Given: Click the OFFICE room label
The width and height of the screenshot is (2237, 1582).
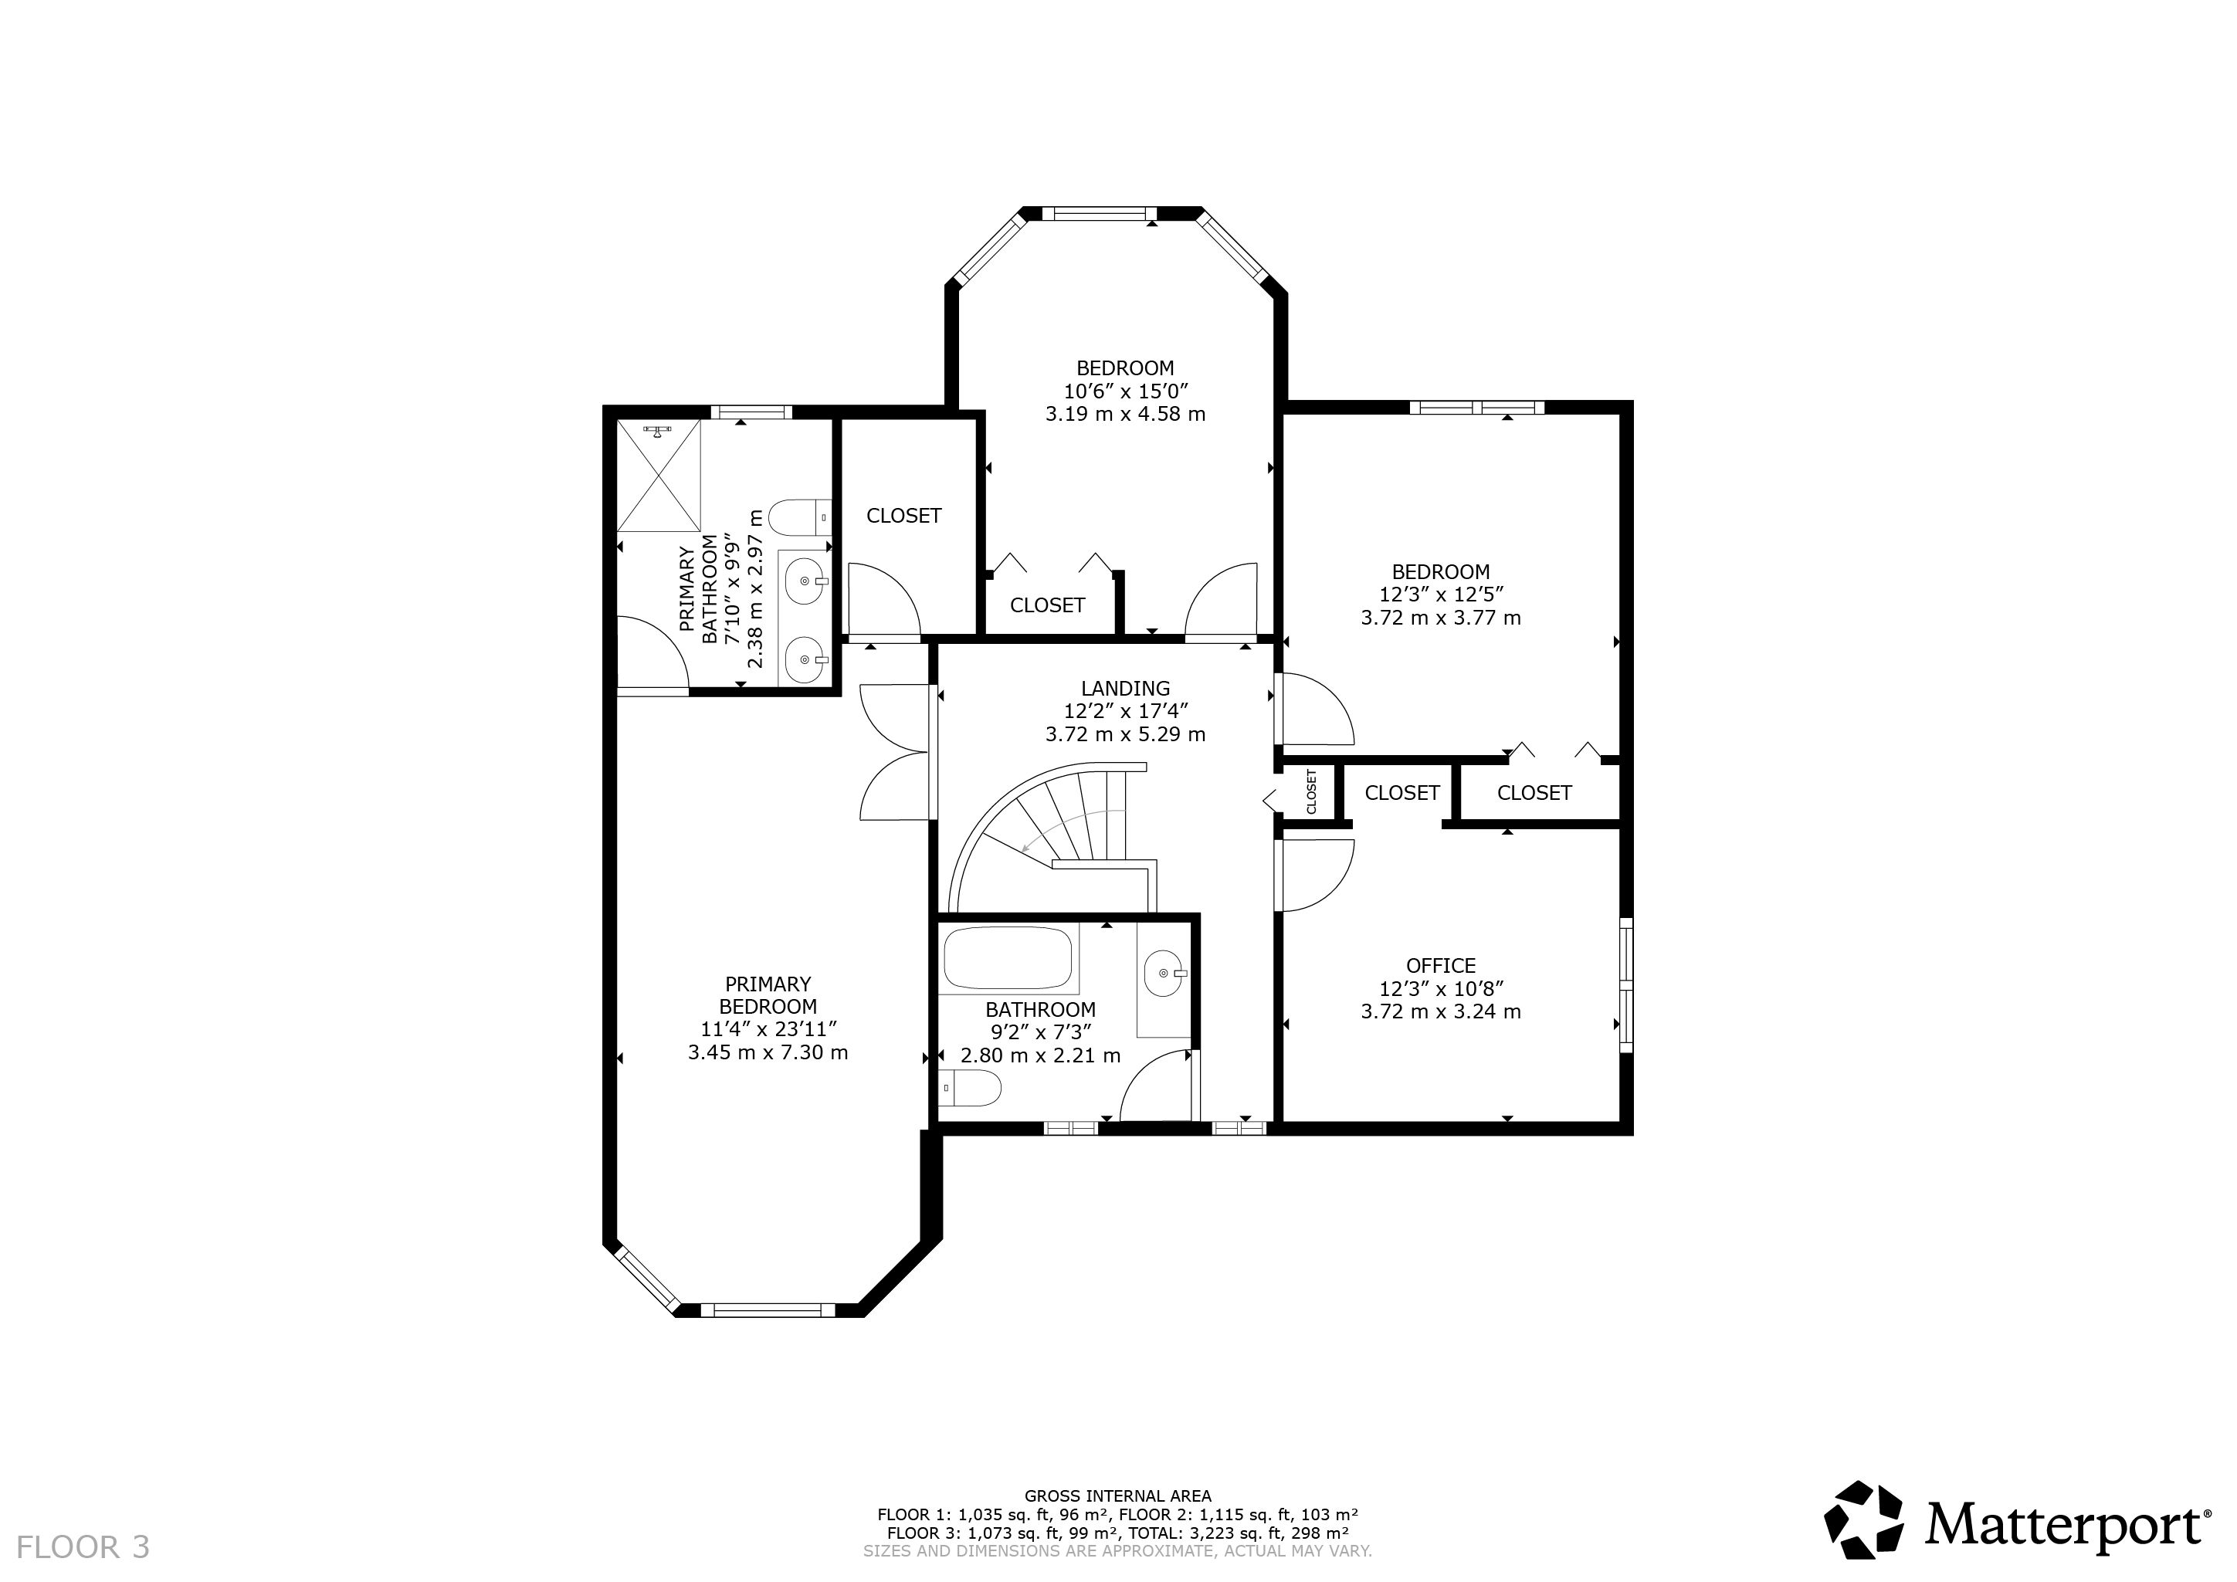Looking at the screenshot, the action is coord(1441,965).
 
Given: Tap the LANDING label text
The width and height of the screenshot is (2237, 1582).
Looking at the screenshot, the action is coord(1125,689).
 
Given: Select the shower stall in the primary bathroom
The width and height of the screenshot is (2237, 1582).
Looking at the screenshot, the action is coord(659,476).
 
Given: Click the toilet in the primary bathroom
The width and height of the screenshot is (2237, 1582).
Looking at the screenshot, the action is coord(800,517).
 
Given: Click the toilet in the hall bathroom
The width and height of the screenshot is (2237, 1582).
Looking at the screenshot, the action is coord(971,1088).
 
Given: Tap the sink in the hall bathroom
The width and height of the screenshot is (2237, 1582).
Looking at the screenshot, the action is coord(1164,972).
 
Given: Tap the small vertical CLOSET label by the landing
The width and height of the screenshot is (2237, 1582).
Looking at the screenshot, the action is coord(1311,792).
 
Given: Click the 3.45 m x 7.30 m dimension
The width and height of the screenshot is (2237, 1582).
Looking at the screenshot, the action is coord(768,1052).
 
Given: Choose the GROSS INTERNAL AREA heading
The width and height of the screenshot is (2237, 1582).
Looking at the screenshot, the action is coord(1117,1496).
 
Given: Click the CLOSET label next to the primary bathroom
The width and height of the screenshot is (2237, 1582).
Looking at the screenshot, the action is coord(904,515).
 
